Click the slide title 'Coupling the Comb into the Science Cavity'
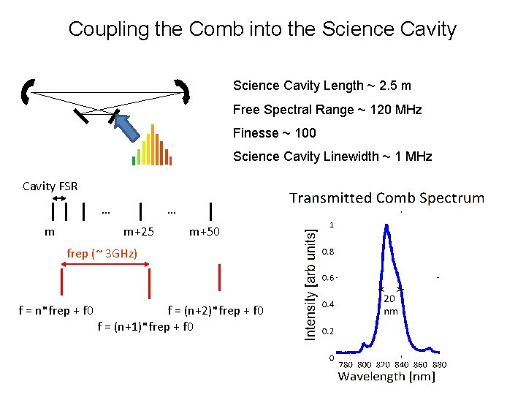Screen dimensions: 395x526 click(262, 29)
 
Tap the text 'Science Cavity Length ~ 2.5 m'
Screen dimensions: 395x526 click(321, 86)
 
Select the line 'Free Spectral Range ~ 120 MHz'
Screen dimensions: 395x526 click(327, 110)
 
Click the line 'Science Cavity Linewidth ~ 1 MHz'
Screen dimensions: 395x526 click(332, 157)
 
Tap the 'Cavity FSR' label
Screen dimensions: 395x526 click(50, 187)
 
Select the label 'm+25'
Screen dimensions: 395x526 click(138, 232)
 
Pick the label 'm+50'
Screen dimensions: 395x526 click(204, 232)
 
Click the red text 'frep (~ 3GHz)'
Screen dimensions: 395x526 click(102, 254)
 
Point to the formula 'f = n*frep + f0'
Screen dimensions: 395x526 click(56, 310)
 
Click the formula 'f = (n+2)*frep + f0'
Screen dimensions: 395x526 click(215, 310)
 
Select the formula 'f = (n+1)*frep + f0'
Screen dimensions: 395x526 click(145, 326)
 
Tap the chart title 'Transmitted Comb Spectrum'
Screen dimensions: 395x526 click(386, 198)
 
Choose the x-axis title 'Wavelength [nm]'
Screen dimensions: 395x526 click(386, 377)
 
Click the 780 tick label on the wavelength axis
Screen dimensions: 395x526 click(346, 364)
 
